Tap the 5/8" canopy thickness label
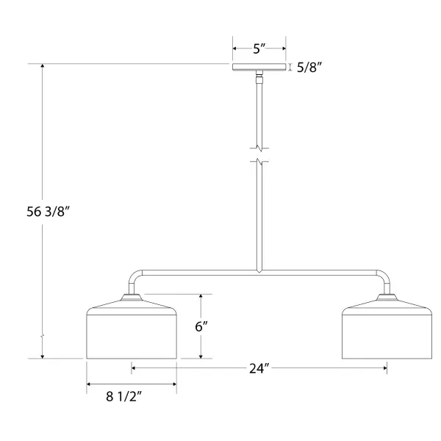[x=309, y=68]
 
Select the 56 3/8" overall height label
[x=48, y=212]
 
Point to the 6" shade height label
[x=201, y=326]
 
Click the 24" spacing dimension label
[x=259, y=368]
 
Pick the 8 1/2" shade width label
[x=124, y=397]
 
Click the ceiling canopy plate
[x=259, y=67]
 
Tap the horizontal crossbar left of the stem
[x=199, y=273]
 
